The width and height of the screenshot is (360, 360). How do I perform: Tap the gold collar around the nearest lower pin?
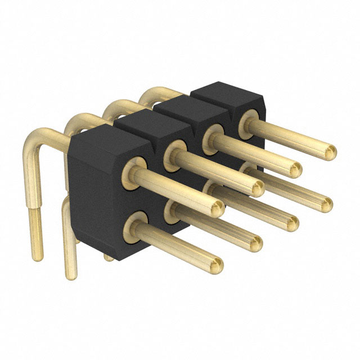point(135,226)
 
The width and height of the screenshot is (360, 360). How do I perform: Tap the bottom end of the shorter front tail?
point(71,274)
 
